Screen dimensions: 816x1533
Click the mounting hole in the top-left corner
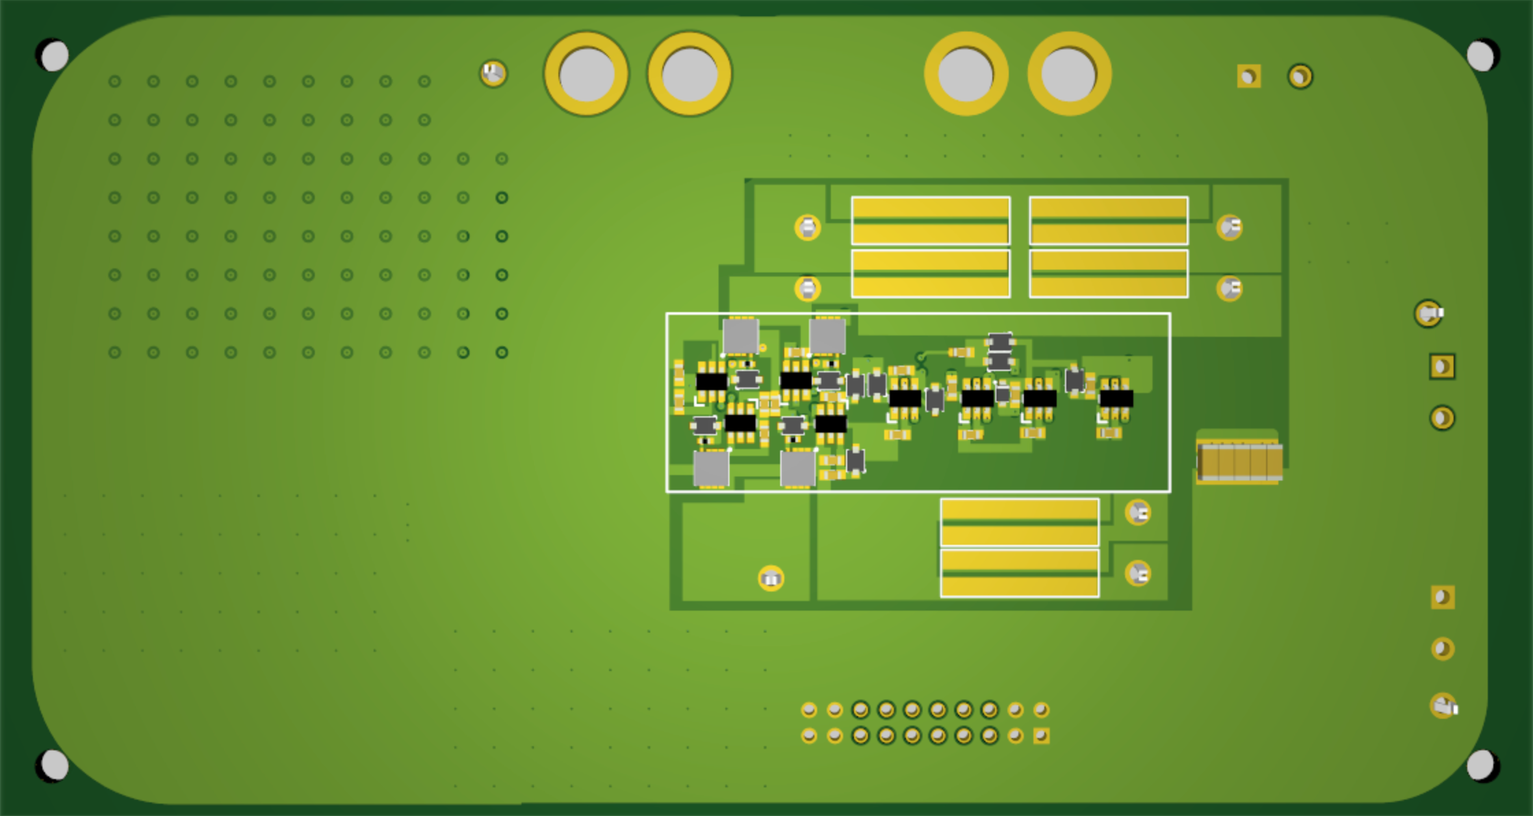53,55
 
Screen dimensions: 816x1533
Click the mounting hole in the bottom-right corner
1480,765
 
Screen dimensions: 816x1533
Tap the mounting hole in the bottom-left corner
53,765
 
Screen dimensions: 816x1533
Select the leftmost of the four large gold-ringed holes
587,73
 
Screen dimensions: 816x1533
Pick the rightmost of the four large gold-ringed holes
1069,73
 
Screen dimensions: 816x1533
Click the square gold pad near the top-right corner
1249,76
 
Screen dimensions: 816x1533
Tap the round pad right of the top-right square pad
1300,76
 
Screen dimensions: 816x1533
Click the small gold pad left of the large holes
493,73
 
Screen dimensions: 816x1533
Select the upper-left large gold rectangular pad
931,220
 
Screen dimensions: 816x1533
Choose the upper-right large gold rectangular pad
1109,220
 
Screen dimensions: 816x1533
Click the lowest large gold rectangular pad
1020,574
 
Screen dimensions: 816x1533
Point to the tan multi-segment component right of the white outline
1239,461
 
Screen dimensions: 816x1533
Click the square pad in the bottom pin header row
1041,736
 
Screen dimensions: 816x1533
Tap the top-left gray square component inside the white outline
740,336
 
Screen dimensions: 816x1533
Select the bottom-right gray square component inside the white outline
798,469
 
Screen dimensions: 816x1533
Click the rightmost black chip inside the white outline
1116,398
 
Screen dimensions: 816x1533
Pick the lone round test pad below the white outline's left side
771,579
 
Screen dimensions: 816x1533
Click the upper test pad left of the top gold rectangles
808,227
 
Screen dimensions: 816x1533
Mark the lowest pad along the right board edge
1443,706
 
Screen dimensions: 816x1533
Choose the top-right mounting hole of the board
1480,55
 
